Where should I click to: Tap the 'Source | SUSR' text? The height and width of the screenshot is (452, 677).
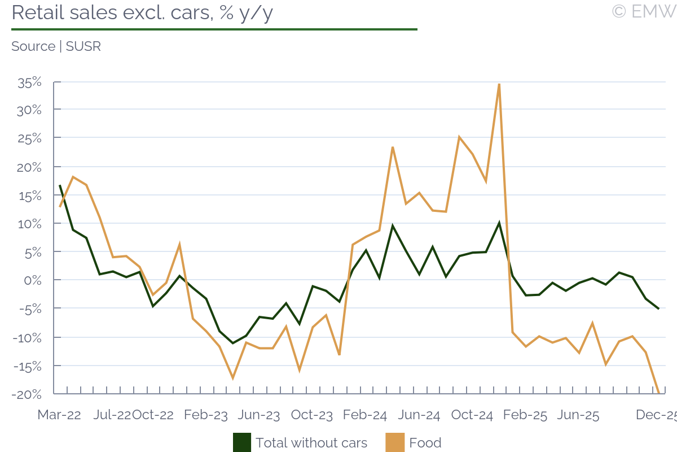tap(56, 46)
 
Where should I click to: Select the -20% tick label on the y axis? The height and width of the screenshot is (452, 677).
tap(27, 394)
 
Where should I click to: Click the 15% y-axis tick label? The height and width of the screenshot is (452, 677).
tap(29, 195)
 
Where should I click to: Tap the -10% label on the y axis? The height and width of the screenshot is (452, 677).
tap(27, 337)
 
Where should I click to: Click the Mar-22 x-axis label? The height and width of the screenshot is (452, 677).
tap(59, 415)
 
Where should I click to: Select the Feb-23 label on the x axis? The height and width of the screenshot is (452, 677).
tap(206, 415)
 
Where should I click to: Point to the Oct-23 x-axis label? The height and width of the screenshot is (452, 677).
tap(312, 415)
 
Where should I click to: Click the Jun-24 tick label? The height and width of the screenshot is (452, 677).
tap(419, 415)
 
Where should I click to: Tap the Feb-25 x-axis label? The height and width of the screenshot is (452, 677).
tap(525, 415)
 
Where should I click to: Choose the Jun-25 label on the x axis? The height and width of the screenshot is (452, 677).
tap(578, 415)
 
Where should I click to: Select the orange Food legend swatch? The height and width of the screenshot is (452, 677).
tap(395, 443)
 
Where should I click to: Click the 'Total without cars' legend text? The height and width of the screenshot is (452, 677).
tap(311, 443)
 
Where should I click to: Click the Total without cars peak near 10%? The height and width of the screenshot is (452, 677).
tap(499, 223)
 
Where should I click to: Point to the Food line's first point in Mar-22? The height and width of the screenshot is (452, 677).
tap(60, 206)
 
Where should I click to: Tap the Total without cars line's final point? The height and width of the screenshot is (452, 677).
tap(658, 308)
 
